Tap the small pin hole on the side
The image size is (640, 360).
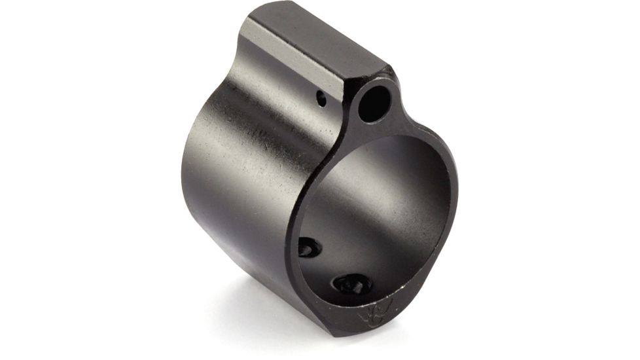(x=321, y=99)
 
